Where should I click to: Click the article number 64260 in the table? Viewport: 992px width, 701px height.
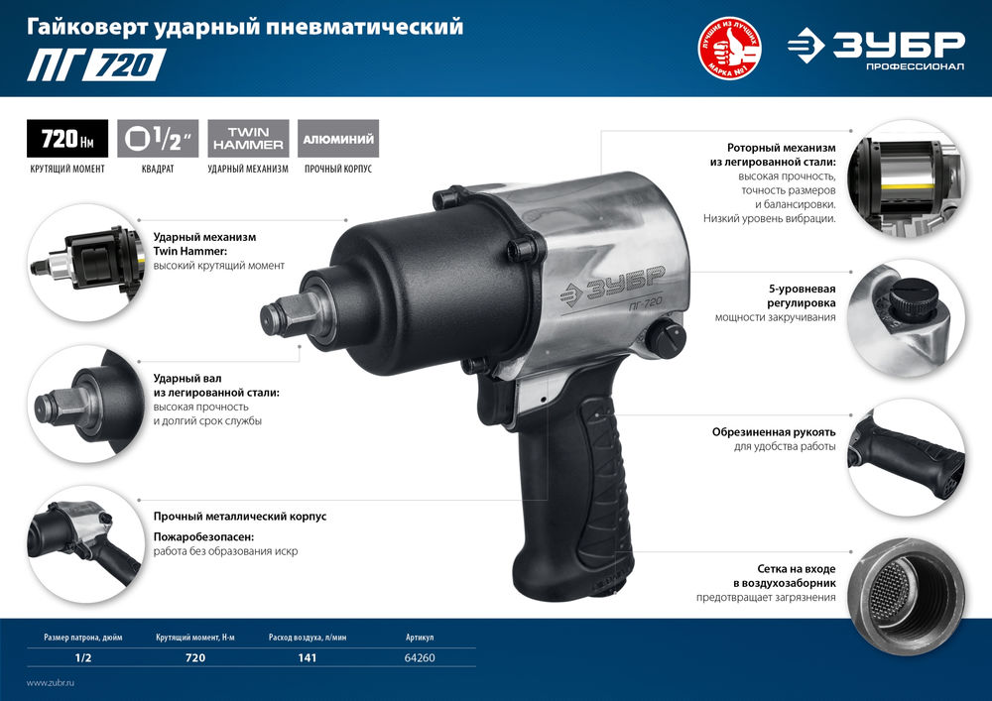(x=420, y=658)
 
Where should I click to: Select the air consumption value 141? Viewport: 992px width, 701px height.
(x=307, y=658)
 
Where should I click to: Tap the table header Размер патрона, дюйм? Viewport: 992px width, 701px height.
(x=85, y=637)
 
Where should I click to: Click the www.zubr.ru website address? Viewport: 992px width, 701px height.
(x=51, y=684)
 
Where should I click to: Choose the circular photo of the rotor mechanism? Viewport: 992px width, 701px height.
(x=907, y=177)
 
